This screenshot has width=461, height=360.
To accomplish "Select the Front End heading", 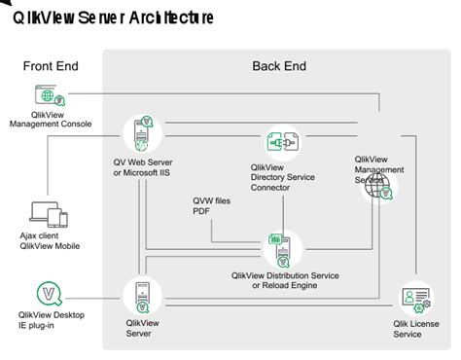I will coord(51,66).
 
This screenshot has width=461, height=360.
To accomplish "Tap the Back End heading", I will coord(279,66).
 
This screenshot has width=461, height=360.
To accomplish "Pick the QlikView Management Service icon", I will coord(376,188).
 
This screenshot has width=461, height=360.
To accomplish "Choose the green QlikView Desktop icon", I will coord(49,292).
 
